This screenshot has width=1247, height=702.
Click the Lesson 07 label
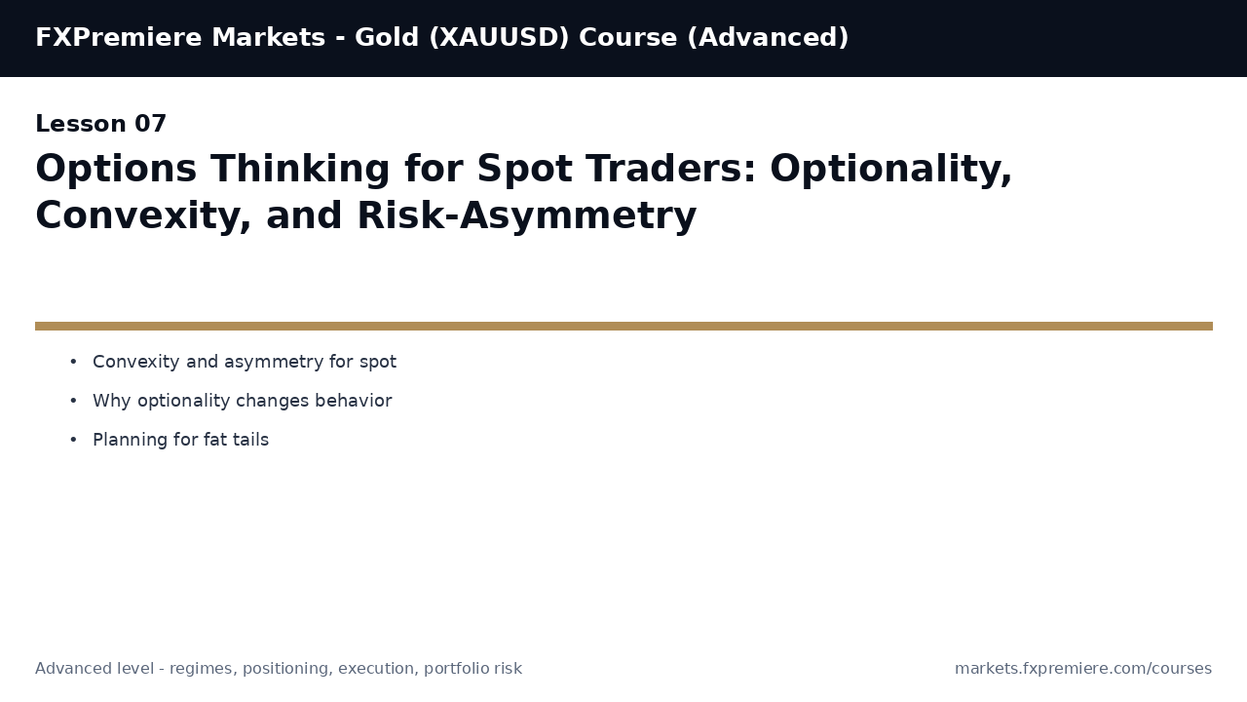coord(101,125)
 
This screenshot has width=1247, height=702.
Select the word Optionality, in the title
coord(890,170)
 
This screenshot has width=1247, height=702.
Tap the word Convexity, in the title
coord(143,216)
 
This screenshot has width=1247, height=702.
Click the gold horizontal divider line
coord(623,326)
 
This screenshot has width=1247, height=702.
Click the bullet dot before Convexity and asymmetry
coord(73,363)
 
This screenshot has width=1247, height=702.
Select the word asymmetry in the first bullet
coord(276,363)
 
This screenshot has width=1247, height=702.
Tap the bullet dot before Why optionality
coord(73,402)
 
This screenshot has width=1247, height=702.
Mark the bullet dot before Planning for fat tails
coord(73,441)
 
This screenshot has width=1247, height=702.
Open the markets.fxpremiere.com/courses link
coord(1083,669)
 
